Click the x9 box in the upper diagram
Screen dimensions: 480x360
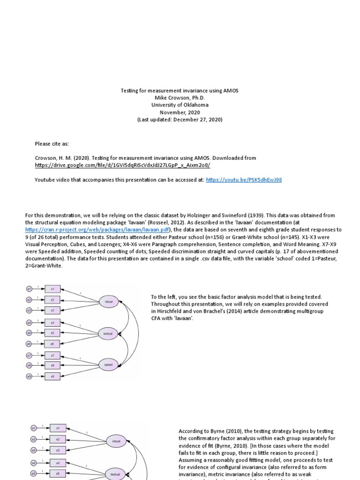(x=52, y=376)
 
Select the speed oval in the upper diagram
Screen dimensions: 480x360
(x=108, y=364)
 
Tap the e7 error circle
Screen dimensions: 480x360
(x=29, y=355)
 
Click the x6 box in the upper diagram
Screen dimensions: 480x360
(x=52, y=344)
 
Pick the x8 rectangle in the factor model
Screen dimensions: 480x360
(x=52, y=366)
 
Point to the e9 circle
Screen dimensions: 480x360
(x=29, y=376)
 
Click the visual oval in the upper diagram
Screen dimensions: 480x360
(x=108, y=302)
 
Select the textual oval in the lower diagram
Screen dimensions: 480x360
(x=115, y=473)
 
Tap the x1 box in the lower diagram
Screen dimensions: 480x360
(x=58, y=428)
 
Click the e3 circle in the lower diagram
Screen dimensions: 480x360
(x=34, y=450)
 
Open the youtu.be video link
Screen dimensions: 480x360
(x=244, y=180)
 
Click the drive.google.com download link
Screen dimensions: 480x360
(x=122, y=165)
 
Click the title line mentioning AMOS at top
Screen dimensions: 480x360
(x=180, y=90)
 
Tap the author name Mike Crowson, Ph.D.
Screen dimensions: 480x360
(x=180, y=97)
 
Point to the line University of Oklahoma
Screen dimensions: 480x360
(x=180, y=105)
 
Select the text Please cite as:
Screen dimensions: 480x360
(x=52, y=143)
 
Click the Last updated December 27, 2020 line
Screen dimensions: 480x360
(x=180, y=120)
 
